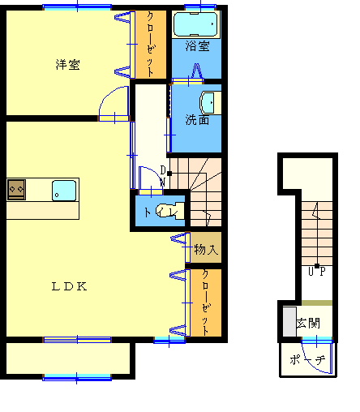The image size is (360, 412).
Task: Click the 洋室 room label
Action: point(67,65)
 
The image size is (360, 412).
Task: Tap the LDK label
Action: point(69,286)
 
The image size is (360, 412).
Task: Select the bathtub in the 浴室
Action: point(195,24)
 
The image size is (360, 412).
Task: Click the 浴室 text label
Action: point(197,46)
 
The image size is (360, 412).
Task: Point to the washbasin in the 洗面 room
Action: point(210,103)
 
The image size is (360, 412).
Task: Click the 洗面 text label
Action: point(197,120)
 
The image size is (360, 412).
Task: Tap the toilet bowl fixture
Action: point(170,211)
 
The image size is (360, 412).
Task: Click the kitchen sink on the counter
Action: point(64,191)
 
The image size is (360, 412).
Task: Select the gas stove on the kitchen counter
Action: point(16,190)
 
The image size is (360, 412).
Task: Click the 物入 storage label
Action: point(206,249)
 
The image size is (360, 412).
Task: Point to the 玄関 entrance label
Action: point(308,323)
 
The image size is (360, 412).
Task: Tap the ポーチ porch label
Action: point(307,360)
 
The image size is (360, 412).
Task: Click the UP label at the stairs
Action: point(317,271)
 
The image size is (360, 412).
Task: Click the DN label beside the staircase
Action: point(163,176)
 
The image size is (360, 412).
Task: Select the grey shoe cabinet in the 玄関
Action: point(289,322)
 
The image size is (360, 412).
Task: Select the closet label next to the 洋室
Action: point(150,45)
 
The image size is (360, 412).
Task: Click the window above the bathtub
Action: point(200,6)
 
